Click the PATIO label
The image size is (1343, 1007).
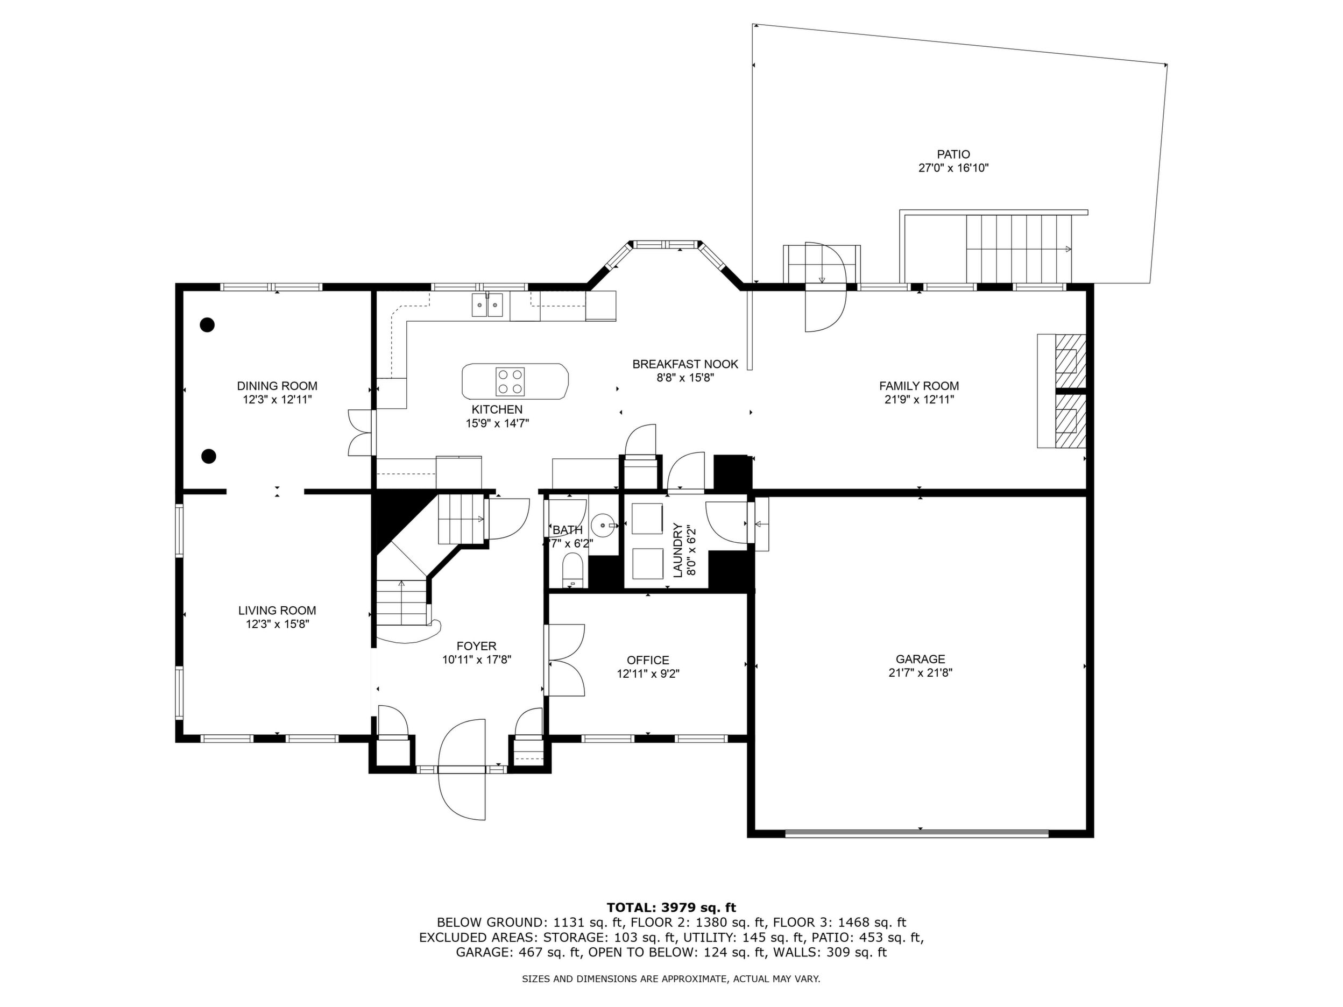pos(953,155)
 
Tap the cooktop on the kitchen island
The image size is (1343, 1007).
pos(510,382)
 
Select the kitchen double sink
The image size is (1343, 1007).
pos(487,304)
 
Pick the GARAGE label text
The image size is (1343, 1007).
pos(921,658)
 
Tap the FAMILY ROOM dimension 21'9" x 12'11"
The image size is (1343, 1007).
pos(919,399)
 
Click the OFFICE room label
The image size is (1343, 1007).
pos(648,660)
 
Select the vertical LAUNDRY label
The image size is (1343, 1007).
pos(677,550)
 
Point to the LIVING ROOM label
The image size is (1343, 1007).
pos(277,610)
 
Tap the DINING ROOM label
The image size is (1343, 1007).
pos(277,386)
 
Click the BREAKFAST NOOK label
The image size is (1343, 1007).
pos(685,364)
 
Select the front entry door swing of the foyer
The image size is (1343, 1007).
pos(462,769)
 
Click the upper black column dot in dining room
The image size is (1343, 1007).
pos(208,325)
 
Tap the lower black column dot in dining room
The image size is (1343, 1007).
pos(208,456)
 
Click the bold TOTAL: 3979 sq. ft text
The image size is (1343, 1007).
pos(671,907)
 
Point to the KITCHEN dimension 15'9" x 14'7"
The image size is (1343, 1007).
pos(497,423)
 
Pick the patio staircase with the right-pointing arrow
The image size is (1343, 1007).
pos(1019,249)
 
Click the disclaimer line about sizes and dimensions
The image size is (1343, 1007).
pos(671,978)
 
